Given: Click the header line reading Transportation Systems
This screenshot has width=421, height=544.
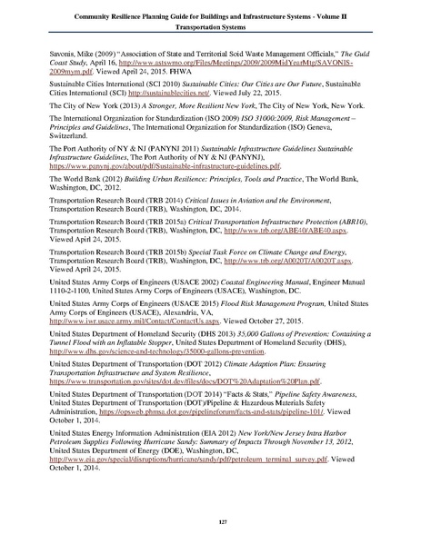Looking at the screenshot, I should pos(210,26).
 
